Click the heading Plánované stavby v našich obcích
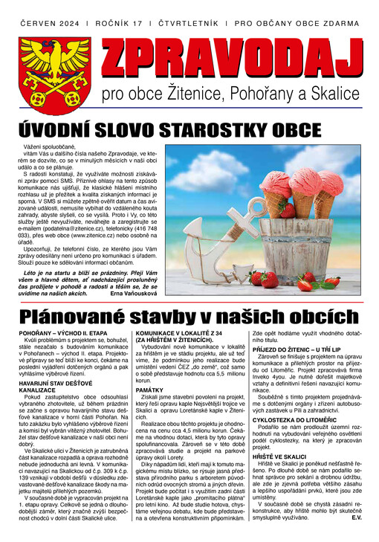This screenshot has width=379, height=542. [x=189, y=317]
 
